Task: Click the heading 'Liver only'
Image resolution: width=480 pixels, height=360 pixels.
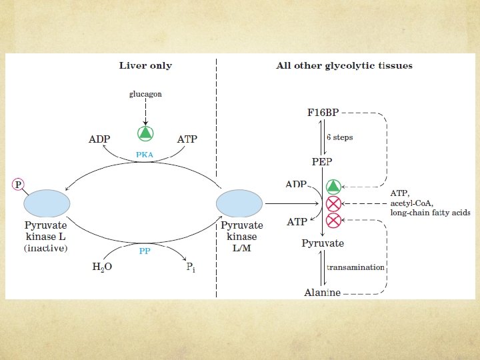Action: pos(145,65)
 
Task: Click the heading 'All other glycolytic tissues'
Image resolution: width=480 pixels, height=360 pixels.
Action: pos(344,65)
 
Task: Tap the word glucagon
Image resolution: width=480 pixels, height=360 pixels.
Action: pos(145,94)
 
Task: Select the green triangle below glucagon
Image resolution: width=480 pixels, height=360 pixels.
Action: pos(145,133)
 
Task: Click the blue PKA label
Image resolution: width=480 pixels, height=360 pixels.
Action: pos(145,154)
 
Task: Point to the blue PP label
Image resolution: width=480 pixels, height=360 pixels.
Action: pos(145,251)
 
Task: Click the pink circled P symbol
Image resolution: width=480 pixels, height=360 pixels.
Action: pos(18,184)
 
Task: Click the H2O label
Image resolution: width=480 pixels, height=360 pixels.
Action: pos(102,267)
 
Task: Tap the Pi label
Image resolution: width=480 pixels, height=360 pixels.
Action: pos(190,267)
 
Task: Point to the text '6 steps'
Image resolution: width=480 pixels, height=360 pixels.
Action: pos(339,137)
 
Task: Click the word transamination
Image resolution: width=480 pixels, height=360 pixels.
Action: pos(355,267)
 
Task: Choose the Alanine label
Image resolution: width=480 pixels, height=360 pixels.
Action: pos(322,292)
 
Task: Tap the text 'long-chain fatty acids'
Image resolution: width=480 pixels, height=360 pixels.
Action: pos(430,213)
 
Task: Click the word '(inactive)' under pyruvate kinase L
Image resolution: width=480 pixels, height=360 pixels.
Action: pos(46,247)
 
